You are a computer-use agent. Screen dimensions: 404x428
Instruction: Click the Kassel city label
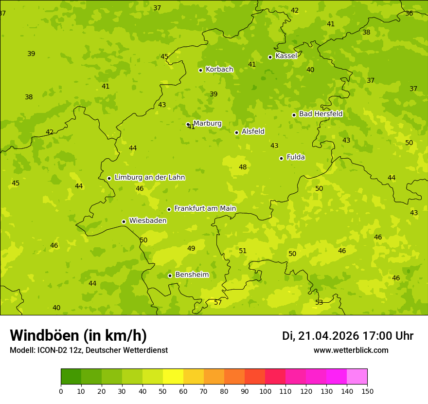[x=286, y=56]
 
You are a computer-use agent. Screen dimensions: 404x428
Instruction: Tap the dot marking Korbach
[x=200, y=70]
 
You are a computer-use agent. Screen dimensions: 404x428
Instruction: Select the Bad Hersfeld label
[x=321, y=114]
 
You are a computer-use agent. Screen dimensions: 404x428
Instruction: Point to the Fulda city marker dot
[x=281, y=158]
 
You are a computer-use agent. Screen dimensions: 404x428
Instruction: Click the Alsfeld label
[x=253, y=131]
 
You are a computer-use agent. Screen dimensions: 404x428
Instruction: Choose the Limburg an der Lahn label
[x=149, y=177]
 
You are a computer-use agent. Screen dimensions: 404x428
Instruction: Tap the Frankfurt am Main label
[x=205, y=208]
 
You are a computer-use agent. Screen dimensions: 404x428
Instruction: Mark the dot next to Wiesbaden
[x=124, y=221]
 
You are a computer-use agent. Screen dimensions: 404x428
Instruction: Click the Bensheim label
[x=192, y=275]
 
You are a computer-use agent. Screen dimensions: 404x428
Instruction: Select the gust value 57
[x=218, y=302]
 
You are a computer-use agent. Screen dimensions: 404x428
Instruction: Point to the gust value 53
[x=319, y=302]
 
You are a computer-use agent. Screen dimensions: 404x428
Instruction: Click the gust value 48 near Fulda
[x=243, y=167]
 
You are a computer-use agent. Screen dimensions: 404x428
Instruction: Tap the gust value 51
[x=243, y=251]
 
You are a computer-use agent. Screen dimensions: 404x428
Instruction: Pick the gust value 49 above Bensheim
[x=191, y=248]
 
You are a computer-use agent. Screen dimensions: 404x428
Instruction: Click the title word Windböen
[x=44, y=335]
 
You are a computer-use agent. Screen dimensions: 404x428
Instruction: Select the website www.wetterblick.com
[x=351, y=350]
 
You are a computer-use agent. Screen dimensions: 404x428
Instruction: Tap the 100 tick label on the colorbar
[x=265, y=391]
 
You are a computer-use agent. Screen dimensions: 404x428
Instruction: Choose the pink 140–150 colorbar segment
[x=357, y=377]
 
